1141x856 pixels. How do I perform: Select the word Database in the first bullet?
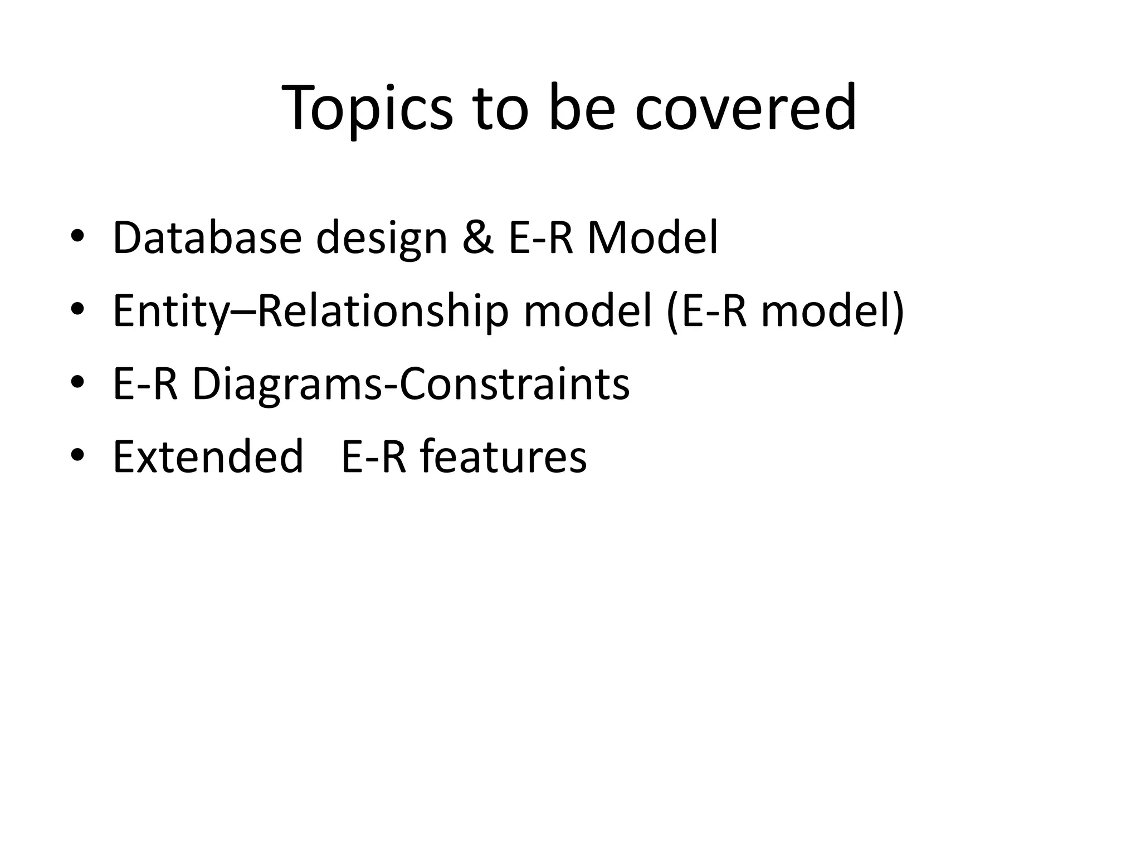point(207,238)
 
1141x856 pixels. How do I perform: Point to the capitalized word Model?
point(653,238)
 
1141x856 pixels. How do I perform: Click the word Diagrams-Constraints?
point(411,385)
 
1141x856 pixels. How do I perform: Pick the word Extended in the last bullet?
point(208,456)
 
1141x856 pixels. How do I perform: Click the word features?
point(503,456)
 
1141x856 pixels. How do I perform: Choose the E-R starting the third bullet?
point(145,385)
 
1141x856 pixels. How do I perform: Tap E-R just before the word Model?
point(540,238)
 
